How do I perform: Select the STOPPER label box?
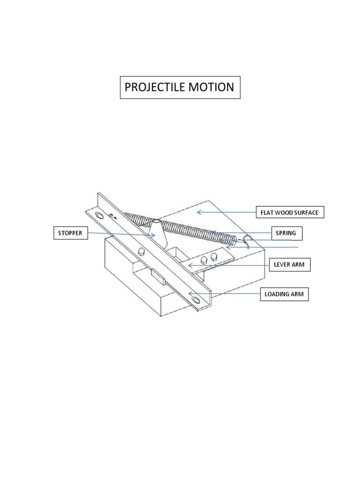click(x=70, y=233)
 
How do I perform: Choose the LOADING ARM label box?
click(x=285, y=294)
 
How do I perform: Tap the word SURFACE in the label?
click(x=306, y=213)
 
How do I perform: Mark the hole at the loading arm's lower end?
click(x=195, y=300)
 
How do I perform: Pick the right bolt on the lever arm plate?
click(x=214, y=256)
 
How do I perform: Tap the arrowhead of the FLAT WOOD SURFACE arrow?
click(x=198, y=212)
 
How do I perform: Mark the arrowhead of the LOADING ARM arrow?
click(x=189, y=293)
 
